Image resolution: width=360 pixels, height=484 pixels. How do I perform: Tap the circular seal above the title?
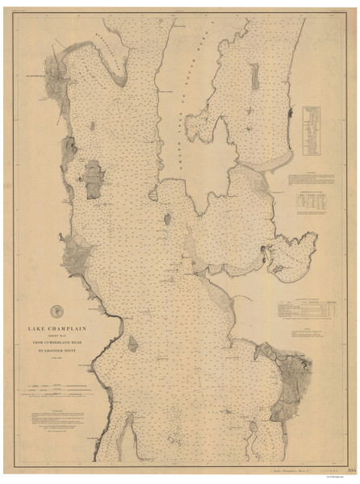(x=55, y=310)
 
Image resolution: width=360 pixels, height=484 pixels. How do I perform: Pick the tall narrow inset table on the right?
(x=312, y=129)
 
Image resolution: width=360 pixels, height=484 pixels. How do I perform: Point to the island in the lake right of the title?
(x=132, y=344)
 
